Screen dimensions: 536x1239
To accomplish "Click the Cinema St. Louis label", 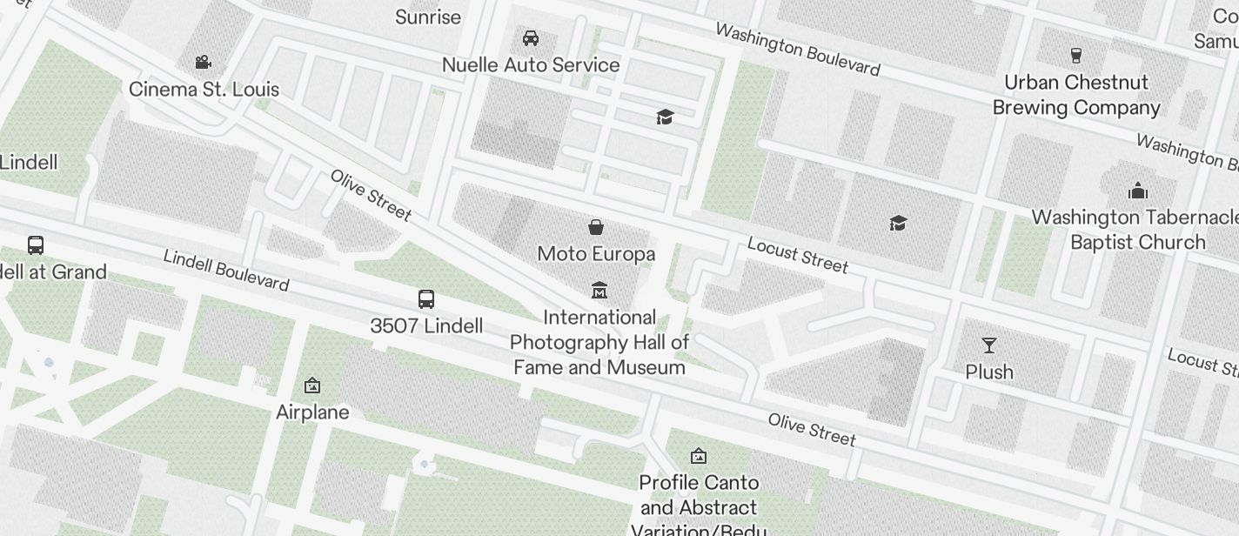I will click(204, 90).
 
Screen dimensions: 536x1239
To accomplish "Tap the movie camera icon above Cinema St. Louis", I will click(204, 63).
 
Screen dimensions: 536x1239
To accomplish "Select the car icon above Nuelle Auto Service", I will click(531, 38).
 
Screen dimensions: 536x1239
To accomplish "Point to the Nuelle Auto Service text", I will click(531, 65).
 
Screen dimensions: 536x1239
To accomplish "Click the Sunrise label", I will click(428, 17).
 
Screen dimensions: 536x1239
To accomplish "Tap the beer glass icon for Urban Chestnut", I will click(1076, 56).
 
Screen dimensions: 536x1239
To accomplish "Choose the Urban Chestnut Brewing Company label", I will click(1076, 95).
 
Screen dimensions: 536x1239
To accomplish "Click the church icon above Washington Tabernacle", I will click(1137, 191).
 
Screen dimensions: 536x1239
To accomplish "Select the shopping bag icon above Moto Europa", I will click(596, 227).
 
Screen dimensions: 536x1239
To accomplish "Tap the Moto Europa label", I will click(596, 254).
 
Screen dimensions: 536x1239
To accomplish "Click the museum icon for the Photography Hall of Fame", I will click(599, 290).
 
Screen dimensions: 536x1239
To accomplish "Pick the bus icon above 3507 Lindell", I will click(426, 300).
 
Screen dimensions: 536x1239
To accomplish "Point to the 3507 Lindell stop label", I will click(426, 326).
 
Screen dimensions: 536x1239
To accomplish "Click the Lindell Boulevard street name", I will click(226, 270).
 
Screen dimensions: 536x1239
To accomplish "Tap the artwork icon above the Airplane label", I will click(312, 385).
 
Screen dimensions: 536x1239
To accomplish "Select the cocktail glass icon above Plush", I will click(989, 345).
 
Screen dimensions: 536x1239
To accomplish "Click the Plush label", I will click(989, 372).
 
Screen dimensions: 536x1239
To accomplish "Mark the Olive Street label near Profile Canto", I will click(812, 429).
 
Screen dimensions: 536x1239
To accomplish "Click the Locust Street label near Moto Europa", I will click(797, 255).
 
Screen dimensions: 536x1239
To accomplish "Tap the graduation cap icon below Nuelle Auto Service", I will click(666, 117).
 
